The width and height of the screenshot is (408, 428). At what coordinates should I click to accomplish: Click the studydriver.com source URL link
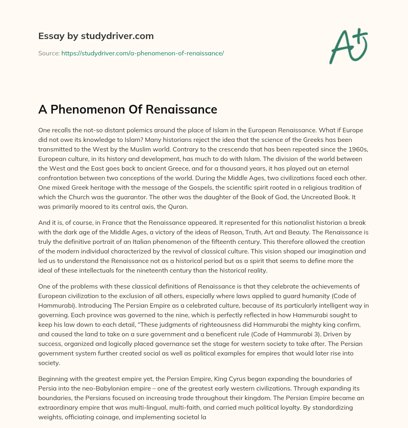(142, 53)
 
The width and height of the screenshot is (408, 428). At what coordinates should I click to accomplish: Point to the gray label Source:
(49, 53)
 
